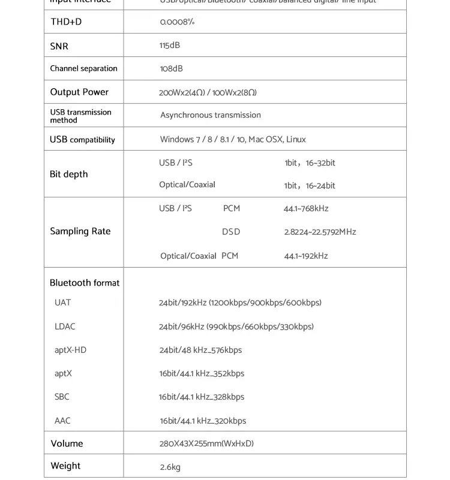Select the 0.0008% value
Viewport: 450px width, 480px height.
177,22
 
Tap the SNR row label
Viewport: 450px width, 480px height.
59,46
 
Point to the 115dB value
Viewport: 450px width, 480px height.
170,46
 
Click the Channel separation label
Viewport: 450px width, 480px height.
83,68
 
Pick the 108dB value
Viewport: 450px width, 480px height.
171,69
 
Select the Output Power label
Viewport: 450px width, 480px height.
79,92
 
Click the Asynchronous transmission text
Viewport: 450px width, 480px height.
211,115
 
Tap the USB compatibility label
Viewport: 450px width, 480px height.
82,140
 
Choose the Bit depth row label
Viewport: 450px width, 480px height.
68,174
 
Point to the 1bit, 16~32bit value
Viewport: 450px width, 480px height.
310,163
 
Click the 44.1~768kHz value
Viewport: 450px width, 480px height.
306,209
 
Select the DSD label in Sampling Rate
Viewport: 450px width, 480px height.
231,232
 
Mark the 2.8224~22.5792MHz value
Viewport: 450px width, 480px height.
320,232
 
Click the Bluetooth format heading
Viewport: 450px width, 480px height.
85,283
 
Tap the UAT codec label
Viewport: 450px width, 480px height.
63,302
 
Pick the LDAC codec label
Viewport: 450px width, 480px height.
65,326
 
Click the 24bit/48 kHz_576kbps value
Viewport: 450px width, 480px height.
200,350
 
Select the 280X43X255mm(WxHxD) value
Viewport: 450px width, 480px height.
206,444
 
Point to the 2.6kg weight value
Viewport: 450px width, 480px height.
170,467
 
